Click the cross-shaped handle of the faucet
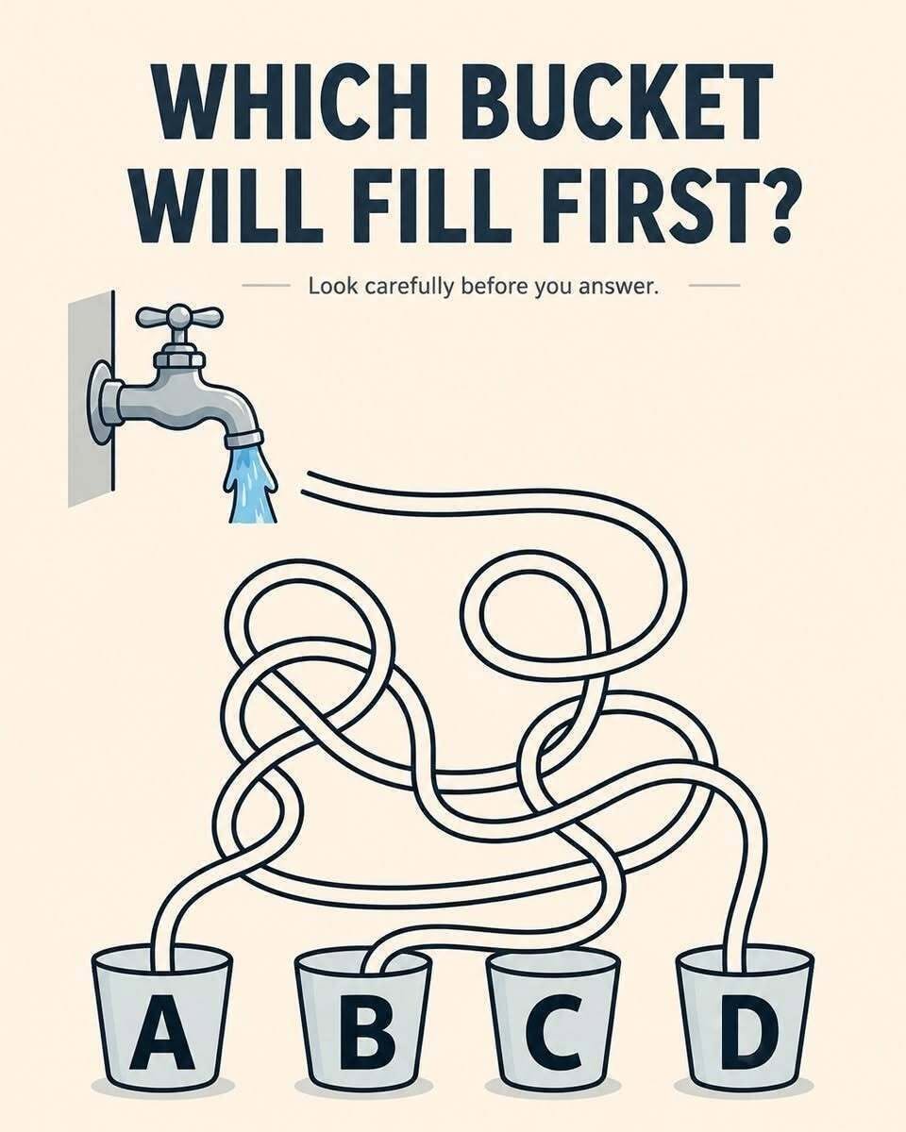click(x=179, y=317)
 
